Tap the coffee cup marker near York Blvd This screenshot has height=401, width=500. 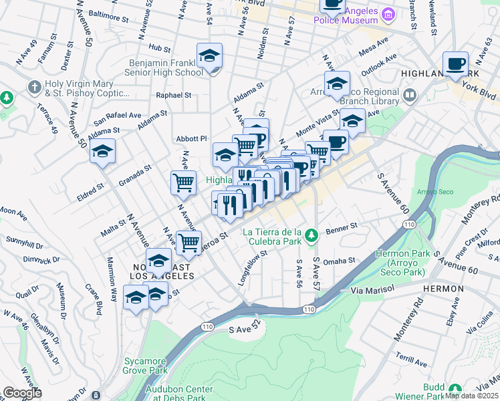(456, 64)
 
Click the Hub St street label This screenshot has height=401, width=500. (160, 48)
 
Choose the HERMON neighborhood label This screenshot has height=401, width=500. (443, 289)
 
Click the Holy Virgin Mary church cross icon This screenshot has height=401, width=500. (34, 88)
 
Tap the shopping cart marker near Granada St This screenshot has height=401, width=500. (183, 182)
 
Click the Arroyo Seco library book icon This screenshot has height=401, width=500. (410, 96)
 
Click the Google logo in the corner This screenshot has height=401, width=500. (23, 394)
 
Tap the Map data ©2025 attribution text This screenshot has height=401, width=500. (472, 396)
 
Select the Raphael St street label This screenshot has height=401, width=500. (173, 96)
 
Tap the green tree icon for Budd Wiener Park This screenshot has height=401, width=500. (455, 390)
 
